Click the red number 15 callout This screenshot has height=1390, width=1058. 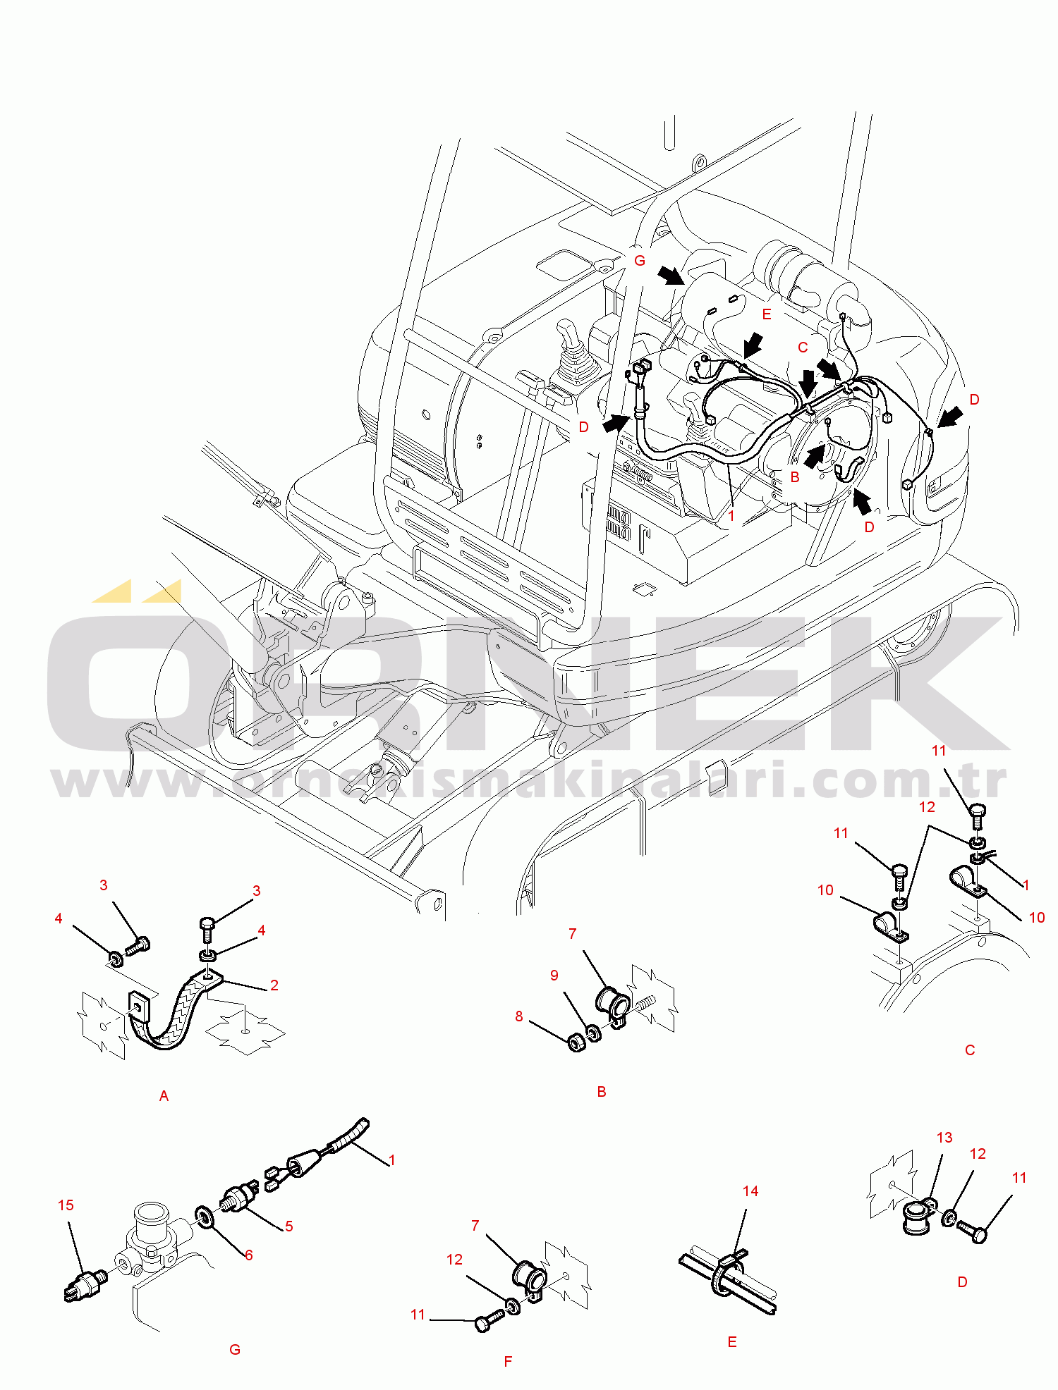click(x=66, y=1205)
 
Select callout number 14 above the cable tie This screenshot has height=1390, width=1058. click(x=750, y=1191)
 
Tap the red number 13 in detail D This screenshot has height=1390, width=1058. click(x=944, y=1137)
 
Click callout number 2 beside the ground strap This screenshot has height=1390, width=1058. click(x=274, y=985)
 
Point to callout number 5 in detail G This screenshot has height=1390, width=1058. click(x=289, y=1226)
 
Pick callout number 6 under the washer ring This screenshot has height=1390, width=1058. click(x=248, y=1255)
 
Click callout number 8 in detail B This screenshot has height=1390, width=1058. click(x=519, y=1016)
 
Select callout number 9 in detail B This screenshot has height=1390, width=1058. click(x=554, y=975)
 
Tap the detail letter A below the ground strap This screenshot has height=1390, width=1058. click(x=164, y=1095)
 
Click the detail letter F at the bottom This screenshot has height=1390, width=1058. click(x=508, y=1361)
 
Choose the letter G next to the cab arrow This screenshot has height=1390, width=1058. click(x=640, y=260)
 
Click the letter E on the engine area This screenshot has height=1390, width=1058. click(x=767, y=314)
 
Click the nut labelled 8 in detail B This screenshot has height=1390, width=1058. click(x=577, y=1042)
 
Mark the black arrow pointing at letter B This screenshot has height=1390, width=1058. click(x=813, y=455)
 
